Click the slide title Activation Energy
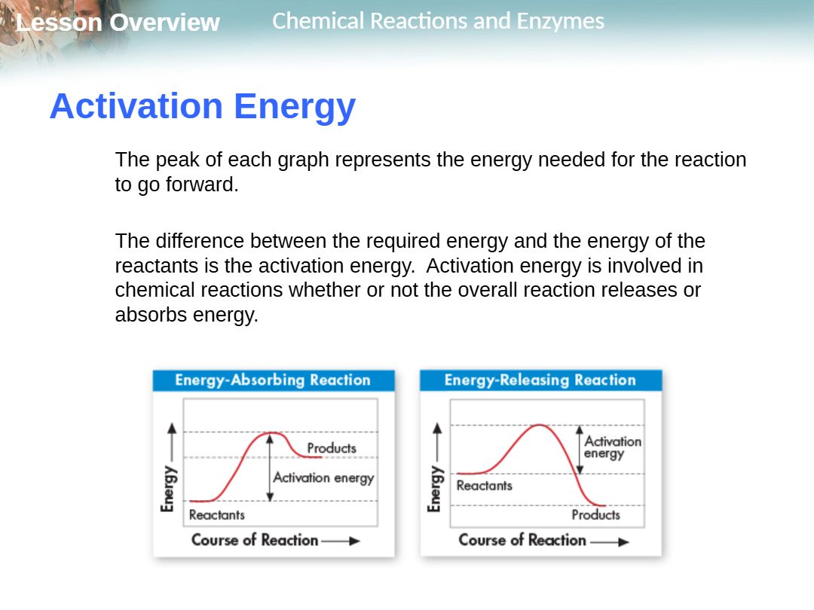pyautogui.click(x=203, y=106)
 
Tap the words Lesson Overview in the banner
pyautogui.click(x=118, y=23)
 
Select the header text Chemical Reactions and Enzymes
pyautogui.click(x=438, y=21)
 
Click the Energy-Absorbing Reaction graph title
pyautogui.click(x=273, y=380)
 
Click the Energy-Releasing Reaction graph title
pyautogui.click(x=540, y=380)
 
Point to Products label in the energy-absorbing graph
pyautogui.click(x=332, y=447)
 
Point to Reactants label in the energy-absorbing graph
pyautogui.click(x=216, y=514)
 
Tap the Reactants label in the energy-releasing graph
pyautogui.click(x=485, y=486)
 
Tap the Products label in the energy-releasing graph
pyautogui.click(x=596, y=514)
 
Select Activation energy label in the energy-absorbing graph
pyautogui.click(x=323, y=477)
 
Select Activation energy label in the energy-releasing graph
pyautogui.click(x=613, y=447)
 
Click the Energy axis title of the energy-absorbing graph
pyautogui.click(x=168, y=489)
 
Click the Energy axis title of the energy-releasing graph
pyautogui.click(x=435, y=489)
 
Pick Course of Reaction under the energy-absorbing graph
pyautogui.click(x=255, y=540)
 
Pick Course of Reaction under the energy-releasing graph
pyautogui.click(x=522, y=540)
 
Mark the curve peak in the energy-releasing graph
pyautogui.click(x=540, y=425)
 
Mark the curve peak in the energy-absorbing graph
pyautogui.click(x=271, y=432)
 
